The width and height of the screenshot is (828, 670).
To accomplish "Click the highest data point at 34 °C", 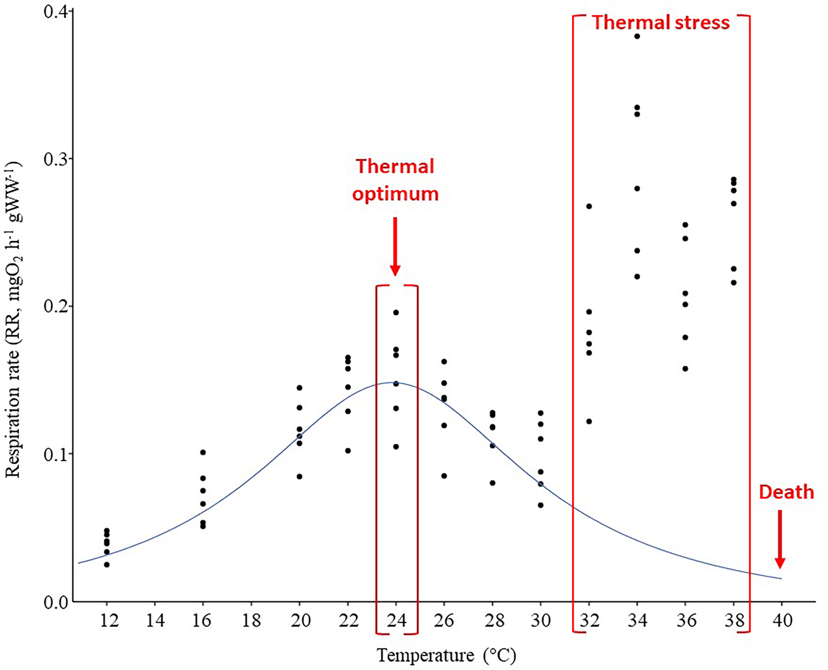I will click(x=637, y=36).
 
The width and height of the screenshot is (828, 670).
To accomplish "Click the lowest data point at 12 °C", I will click(x=107, y=564).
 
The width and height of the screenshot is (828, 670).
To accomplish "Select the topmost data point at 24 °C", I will click(x=396, y=313).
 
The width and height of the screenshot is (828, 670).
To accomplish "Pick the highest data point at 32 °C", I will click(x=589, y=206).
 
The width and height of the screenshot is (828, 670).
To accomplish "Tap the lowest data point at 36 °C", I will click(x=685, y=369).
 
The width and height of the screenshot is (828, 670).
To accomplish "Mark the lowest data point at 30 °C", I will click(x=541, y=505).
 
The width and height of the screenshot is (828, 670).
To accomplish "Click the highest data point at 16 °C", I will click(x=203, y=452).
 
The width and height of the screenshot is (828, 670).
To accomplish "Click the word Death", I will click(x=786, y=492).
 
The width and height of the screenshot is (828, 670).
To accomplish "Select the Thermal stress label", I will click(x=661, y=22).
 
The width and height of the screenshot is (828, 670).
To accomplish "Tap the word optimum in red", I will click(x=395, y=194).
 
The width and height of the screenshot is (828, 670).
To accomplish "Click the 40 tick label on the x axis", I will click(x=782, y=620).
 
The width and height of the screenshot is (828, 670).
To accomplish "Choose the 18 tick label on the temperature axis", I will click(x=251, y=620).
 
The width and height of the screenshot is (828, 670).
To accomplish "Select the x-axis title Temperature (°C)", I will click(x=446, y=655).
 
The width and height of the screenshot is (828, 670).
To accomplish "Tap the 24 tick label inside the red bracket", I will click(x=396, y=620).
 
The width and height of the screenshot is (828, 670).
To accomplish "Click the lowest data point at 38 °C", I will click(x=734, y=283).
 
